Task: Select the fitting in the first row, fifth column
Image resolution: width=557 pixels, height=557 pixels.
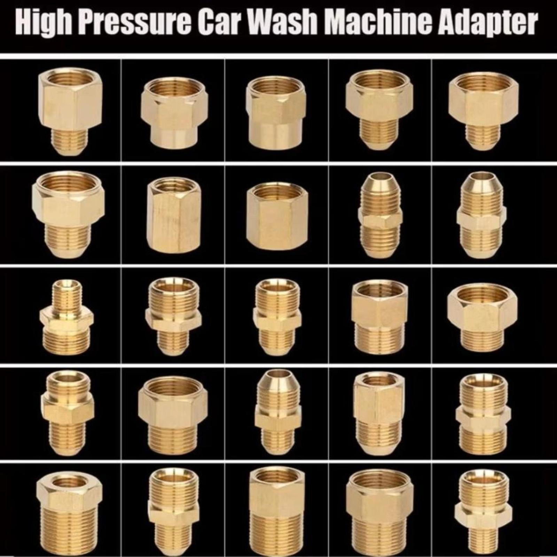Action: [483, 111]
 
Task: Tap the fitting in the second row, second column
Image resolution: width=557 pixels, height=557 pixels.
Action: [172, 215]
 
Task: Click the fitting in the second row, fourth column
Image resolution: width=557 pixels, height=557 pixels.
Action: [380, 215]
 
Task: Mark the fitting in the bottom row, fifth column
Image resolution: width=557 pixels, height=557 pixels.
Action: [481, 512]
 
